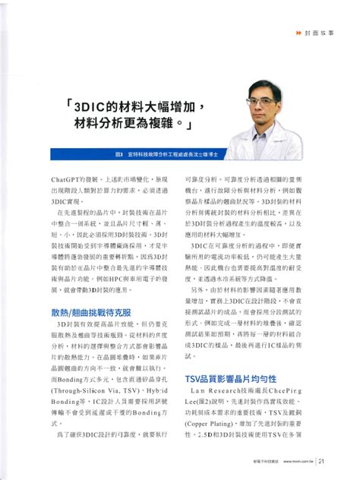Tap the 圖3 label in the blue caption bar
119,153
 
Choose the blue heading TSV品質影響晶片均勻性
226,377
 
